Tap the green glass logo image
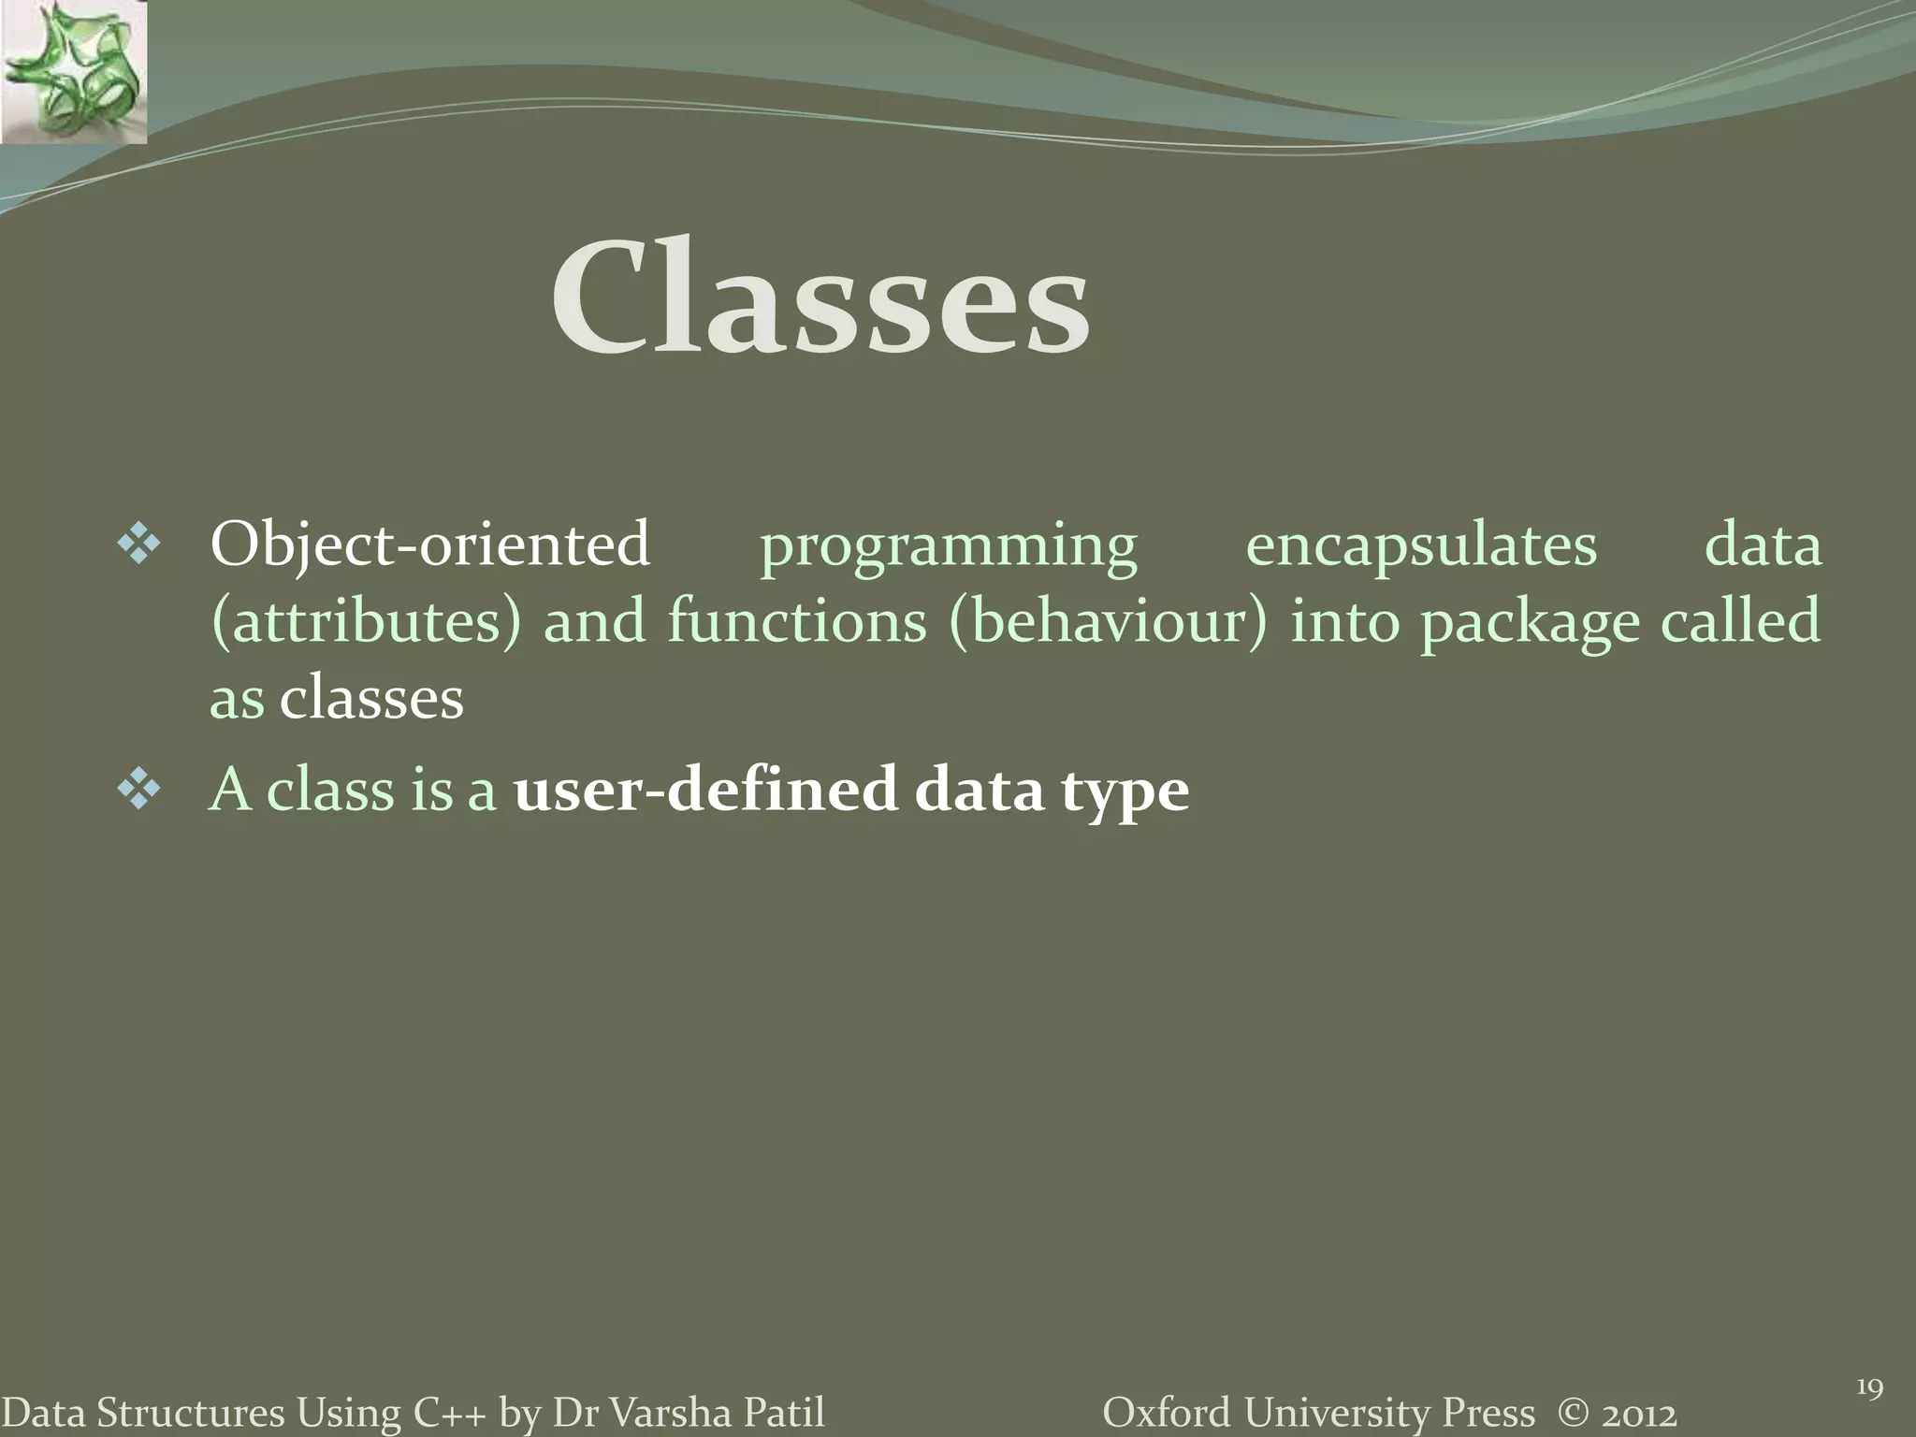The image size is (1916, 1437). pyautogui.click(x=73, y=72)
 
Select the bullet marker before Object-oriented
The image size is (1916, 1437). pyautogui.click(x=139, y=544)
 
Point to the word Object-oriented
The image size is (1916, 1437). pyautogui.click(x=429, y=544)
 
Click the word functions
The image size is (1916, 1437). pyautogui.click(x=796, y=620)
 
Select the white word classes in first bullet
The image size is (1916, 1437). pyautogui.click(x=371, y=699)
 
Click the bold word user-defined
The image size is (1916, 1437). pyautogui.click(x=706, y=790)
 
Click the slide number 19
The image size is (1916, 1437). pyautogui.click(x=1869, y=1387)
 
